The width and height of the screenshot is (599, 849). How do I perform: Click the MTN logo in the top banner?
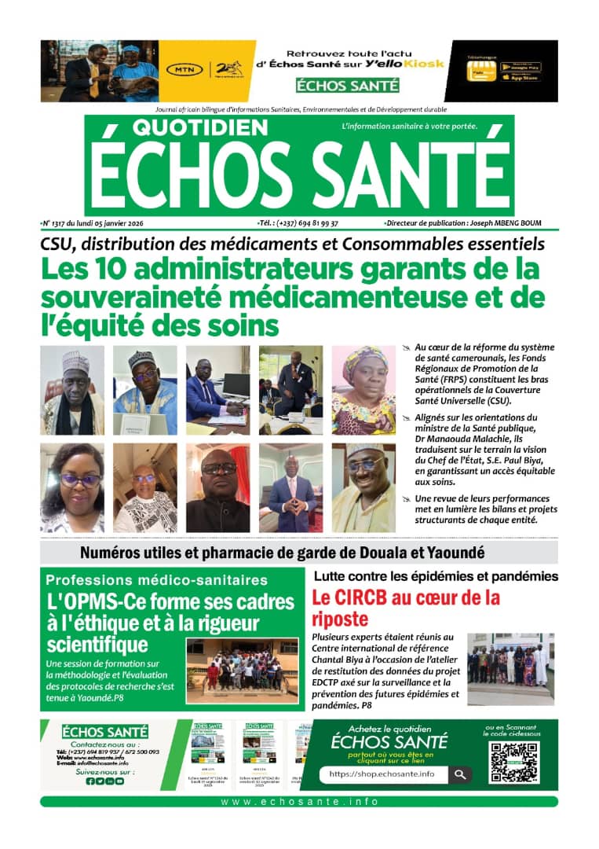click(x=184, y=70)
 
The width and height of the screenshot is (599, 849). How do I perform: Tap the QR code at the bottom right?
click(x=513, y=762)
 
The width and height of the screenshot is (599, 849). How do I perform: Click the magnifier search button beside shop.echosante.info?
click(x=460, y=774)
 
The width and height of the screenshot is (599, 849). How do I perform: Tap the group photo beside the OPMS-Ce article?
click(x=242, y=670)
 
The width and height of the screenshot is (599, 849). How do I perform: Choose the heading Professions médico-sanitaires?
click(x=156, y=580)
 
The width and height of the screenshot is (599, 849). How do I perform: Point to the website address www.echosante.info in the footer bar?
click(x=299, y=802)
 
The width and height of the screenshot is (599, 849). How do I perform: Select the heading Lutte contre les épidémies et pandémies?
click(x=435, y=576)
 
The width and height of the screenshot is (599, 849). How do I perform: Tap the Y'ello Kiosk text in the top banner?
click(x=409, y=63)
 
